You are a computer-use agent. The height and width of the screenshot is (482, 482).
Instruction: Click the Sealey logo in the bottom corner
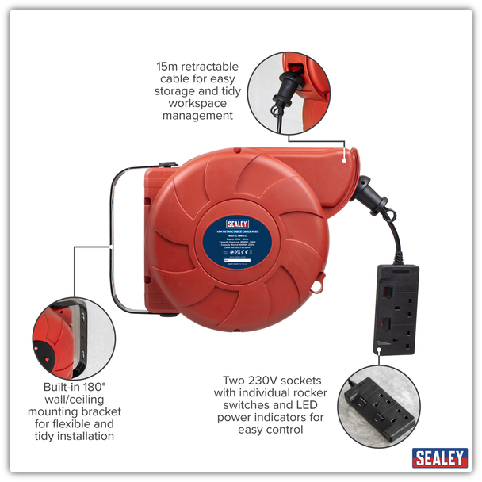(x=439, y=457)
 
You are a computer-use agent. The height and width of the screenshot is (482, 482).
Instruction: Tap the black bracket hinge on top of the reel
(x=167, y=166)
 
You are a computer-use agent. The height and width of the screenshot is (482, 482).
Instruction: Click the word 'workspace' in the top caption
(x=197, y=103)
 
